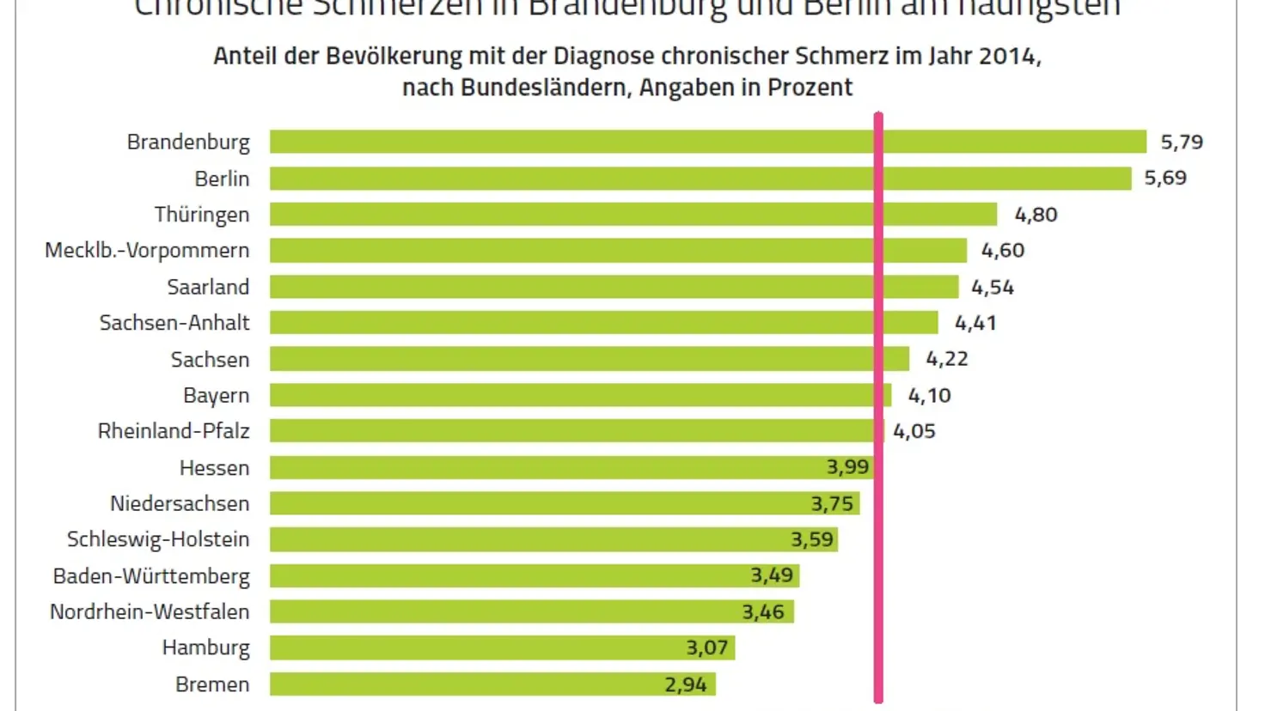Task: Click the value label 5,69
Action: [x=1164, y=178]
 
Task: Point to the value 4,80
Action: [x=1036, y=214]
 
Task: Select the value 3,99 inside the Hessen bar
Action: [x=847, y=467]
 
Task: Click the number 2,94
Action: [x=685, y=684]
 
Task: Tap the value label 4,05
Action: [x=914, y=431]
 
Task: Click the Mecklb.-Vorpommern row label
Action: [x=147, y=250]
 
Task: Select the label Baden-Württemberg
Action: [x=151, y=575]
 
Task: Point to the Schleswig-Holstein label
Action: [x=158, y=539]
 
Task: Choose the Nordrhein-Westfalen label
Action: [x=150, y=611]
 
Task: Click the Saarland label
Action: [x=208, y=287]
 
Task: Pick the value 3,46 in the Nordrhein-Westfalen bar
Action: [x=763, y=611]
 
